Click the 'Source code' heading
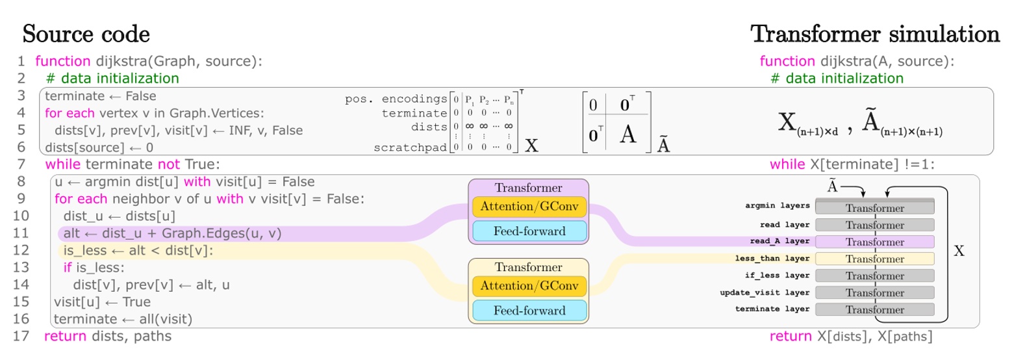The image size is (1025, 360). pos(86,34)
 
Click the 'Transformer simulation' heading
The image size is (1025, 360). pos(875,34)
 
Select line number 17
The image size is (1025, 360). pos(21,336)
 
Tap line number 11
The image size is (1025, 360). pos(21,233)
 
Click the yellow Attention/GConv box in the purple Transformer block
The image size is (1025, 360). pos(529,207)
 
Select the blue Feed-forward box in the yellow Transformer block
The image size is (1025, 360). pos(529,311)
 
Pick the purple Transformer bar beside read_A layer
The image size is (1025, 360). pos(874,242)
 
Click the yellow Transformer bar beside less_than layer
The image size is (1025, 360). pos(874,259)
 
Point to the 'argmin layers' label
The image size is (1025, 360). pos(777,205)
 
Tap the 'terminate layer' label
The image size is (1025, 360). pos(772,309)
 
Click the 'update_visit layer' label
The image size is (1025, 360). pos(764,292)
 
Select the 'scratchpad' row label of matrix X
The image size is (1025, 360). pos(410,148)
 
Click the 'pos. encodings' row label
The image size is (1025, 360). pos(396,99)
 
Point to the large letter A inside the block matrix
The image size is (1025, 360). pos(627,134)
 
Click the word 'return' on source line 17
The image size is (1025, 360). pos(65,336)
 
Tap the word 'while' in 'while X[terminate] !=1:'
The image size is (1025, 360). pos(787,164)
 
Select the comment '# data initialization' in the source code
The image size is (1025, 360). pos(112,79)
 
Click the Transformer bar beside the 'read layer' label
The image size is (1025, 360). pos(874,225)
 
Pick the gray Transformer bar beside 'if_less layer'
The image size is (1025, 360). pos(874,276)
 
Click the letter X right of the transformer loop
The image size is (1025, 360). pos(959,251)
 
